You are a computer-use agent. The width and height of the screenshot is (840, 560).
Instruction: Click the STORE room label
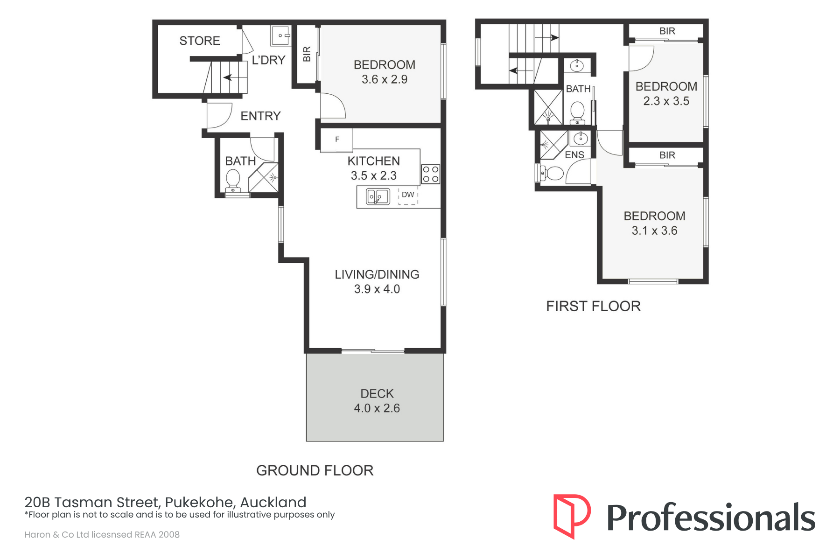(200, 41)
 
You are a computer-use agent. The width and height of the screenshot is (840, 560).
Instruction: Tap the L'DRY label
(268, 60)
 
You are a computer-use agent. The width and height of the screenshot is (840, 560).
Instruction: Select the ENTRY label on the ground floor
(260, 116)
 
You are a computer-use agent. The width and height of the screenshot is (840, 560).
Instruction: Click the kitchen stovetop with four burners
(430, 174)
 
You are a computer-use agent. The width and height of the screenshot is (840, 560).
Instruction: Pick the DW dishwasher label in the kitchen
(408, 195)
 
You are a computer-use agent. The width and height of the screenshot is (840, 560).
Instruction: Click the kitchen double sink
(378, 196)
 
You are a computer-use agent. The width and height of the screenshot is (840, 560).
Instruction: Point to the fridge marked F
(337, 140)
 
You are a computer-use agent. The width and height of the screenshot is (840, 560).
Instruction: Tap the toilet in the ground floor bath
(233, 181)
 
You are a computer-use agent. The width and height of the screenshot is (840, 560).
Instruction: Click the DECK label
(377, 394)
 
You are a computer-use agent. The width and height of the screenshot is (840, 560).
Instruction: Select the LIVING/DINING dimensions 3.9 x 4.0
(377, 289)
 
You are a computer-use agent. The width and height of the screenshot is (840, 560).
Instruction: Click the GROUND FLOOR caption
(315, 470)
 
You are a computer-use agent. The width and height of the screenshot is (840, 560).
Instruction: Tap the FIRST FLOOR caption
(594, 306)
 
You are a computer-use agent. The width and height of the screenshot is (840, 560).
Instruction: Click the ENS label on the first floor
(574, 155)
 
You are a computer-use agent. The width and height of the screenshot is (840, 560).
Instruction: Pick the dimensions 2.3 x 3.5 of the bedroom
(666, 101)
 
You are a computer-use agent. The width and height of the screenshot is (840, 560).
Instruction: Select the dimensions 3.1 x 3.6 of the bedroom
(655, 231)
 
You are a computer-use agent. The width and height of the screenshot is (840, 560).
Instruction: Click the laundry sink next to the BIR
(281, 35)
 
